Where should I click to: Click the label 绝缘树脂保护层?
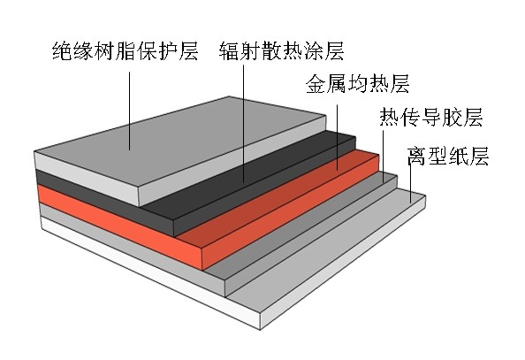pos(126,51)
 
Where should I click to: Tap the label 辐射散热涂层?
pos(282,51)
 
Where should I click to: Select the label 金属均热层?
pos(358,83)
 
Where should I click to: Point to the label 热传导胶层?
pos(431,117)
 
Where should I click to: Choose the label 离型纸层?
pos(448,156)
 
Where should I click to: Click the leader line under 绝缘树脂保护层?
pos(129,111)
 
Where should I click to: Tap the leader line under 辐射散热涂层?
pos(243,124)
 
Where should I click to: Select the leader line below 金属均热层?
pos(337,137)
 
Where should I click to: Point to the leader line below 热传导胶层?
pos(384,157)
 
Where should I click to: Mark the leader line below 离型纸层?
pos(410,183)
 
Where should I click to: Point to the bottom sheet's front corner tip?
pos(261,330)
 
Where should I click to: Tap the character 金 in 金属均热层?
pos(316,83)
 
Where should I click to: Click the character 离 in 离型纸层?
pos(417,156)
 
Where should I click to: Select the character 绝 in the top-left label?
pos(63,51)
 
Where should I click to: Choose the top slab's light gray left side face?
pos(87,179)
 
